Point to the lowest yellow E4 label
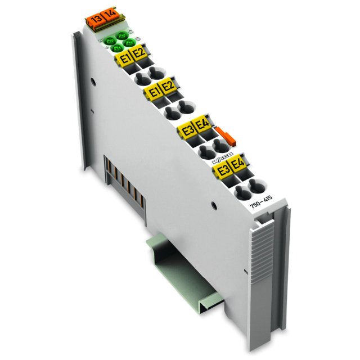click(238, 165)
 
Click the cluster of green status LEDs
click(117, 42)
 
